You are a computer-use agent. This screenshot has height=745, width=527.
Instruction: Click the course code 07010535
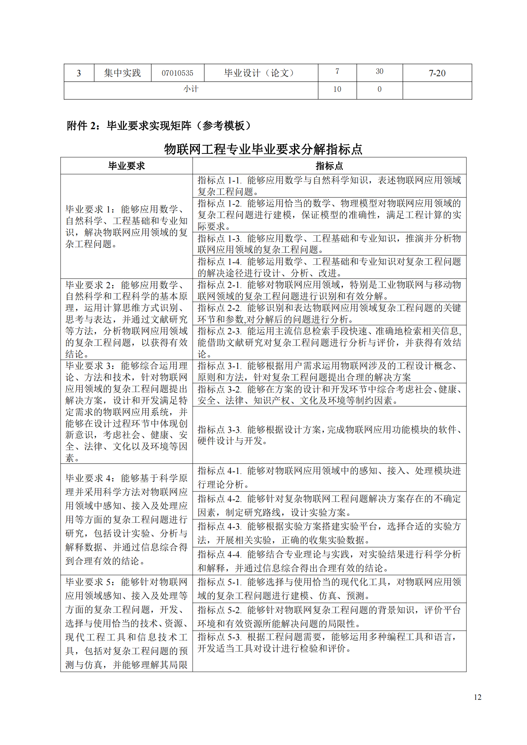click(x=177, y=73)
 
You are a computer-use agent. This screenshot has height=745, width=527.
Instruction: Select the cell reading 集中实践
click(x=122, y=73)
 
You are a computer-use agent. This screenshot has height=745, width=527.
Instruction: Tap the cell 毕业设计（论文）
click(x=261, y=73)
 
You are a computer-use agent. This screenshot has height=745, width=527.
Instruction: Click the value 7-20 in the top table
click(x=437, y=73)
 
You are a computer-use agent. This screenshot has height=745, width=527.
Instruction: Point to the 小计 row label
click(x=191, y=89)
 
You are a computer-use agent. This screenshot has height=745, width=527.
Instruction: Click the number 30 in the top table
click(x=379, y=71)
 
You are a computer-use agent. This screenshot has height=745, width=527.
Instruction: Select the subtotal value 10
click(x=337, y=89)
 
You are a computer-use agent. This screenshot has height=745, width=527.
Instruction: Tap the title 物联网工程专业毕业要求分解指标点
click(x=263, y=149)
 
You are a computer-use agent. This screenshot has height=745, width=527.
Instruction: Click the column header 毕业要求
click(x=126, y=166)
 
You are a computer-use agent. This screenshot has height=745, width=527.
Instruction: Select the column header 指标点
click(x=329, y=166)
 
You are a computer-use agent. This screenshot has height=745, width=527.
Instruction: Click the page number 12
click(x=477, y=697)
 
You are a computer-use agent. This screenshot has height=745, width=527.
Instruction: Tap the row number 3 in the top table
click(x=79, y=73)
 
